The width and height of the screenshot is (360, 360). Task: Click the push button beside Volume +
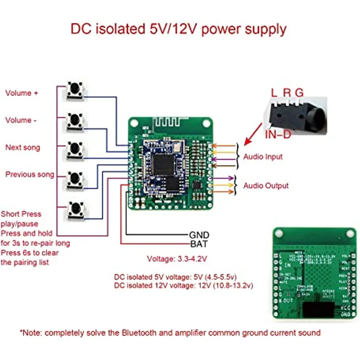coord(75,90)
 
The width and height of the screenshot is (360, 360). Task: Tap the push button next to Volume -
coord(75,119)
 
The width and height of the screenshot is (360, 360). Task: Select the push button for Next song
coord(75,148)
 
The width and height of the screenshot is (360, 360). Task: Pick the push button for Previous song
coord(75,179)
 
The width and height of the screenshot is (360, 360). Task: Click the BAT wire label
coord(198,244)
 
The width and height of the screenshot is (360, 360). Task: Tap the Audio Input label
coord(263,157)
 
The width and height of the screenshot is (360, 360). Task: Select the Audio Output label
coord(266,186)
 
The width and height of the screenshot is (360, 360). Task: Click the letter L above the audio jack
coord(274,92)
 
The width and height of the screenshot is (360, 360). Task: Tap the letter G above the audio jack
coord(299,92)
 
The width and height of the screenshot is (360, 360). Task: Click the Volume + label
coord(22,93)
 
